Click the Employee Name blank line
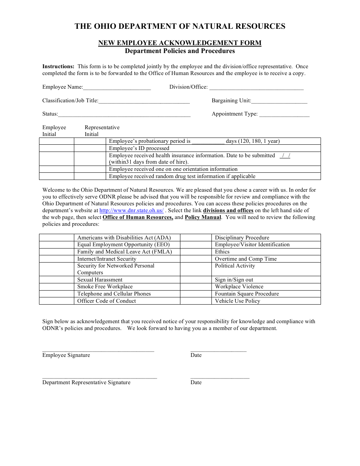117,88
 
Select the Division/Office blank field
256,88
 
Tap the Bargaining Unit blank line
279,101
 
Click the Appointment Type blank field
284,114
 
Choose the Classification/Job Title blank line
144,101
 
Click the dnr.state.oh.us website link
131,211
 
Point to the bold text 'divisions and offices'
228,211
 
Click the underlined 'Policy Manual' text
203,217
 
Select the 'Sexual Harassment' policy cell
100,280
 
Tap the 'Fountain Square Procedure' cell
247,294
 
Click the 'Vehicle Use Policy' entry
238,301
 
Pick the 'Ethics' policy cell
222,252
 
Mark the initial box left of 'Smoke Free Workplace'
56,287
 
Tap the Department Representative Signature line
99,377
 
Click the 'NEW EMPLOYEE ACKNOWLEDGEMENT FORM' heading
180,43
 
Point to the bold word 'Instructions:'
58,67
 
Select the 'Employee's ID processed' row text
139,149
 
